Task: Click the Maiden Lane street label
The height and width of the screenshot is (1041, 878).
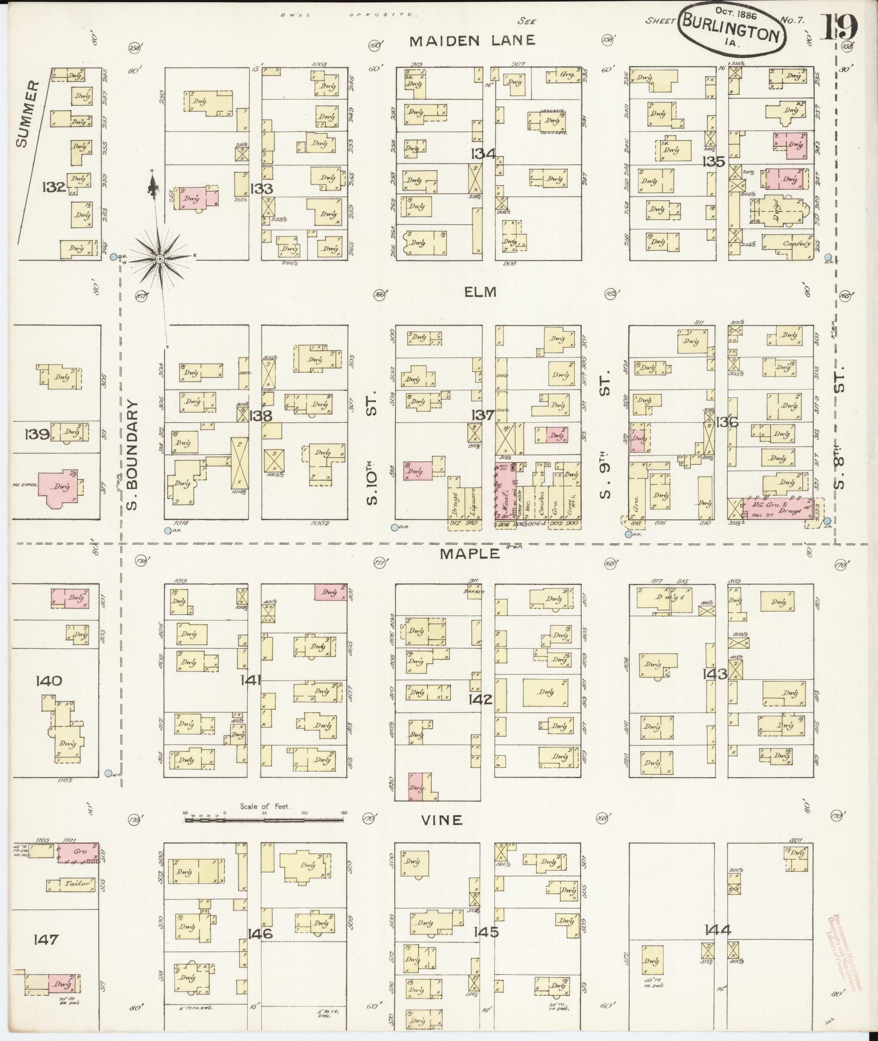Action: [x=472, y=40]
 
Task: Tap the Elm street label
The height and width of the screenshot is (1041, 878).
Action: [x=481, y=292]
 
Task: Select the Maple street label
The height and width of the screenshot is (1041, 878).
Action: [x=470, y=553]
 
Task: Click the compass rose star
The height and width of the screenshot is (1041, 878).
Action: [x=159, y=259]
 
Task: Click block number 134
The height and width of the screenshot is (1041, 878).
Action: [x=483, y=154]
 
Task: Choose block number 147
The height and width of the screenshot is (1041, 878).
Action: [x=46, y=939]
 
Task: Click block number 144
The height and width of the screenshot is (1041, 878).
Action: [x=717, y=929]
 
